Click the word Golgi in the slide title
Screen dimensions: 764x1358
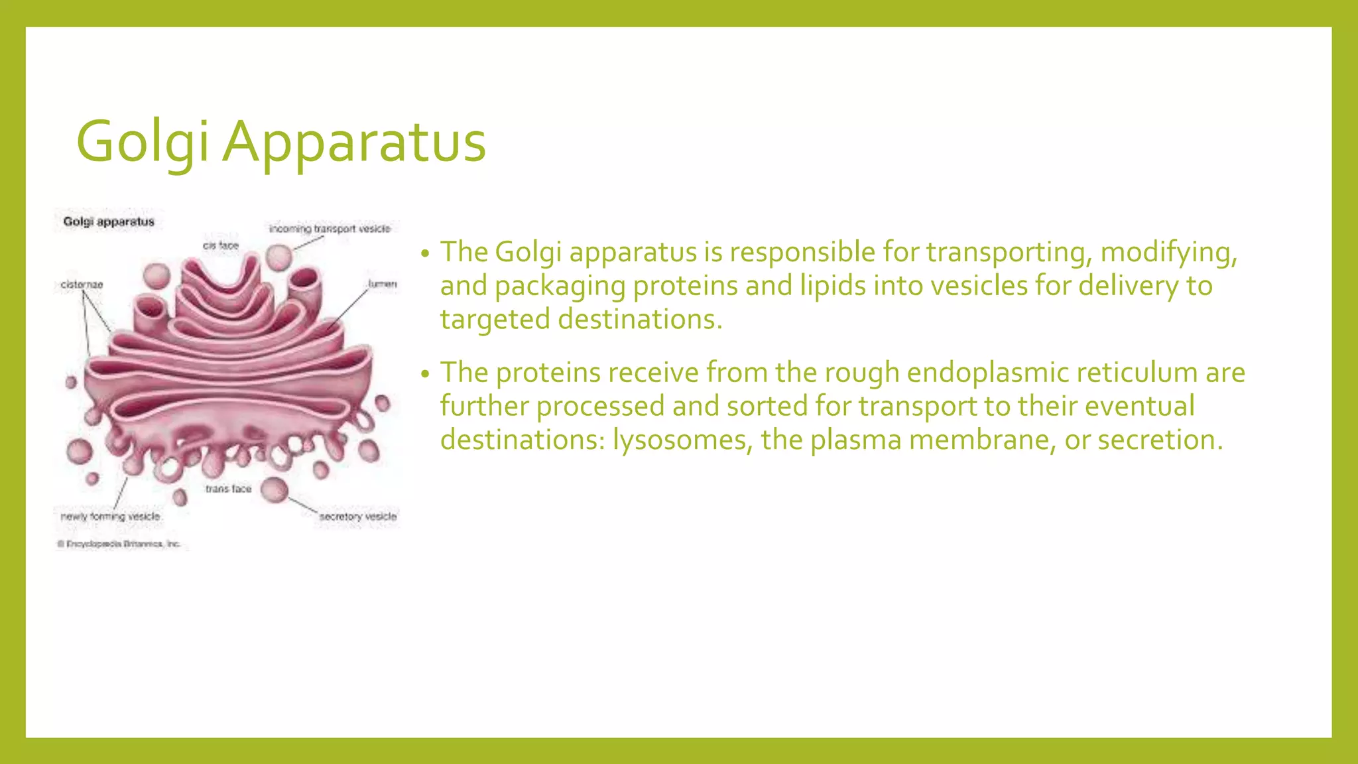point(143,142)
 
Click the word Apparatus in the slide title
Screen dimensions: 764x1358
point(354,142)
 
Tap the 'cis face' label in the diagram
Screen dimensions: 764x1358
point(221,245)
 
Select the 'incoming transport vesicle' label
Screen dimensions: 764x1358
point(330,229)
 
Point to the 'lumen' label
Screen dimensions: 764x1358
point(382,284)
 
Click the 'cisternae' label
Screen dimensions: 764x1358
point(82,285)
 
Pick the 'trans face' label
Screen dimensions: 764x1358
point(228,489)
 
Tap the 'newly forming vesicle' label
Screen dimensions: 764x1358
point(111,516)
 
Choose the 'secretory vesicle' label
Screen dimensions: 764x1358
point(358,516)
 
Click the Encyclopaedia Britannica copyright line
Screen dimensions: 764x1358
point(119,544)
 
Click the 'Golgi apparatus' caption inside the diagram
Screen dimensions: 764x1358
point(109,222)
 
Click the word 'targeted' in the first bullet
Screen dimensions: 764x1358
point(495,320)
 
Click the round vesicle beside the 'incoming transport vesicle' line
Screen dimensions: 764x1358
point(279,257)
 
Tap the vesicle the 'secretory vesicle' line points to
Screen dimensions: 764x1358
point(274,490)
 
